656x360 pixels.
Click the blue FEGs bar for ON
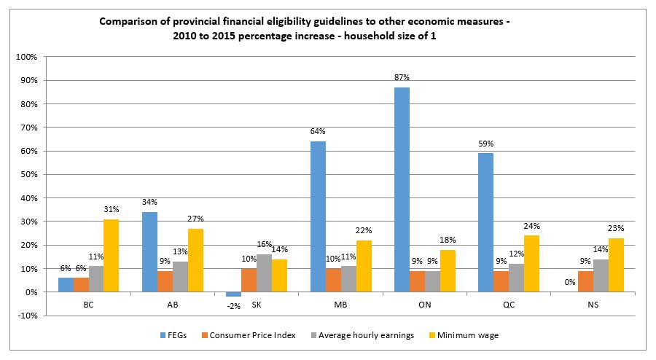pos(401,189)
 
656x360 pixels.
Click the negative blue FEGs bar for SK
pos(233,294)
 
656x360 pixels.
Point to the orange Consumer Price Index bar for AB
pos(165,281)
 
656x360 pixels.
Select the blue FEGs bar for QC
pos(485,222)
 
